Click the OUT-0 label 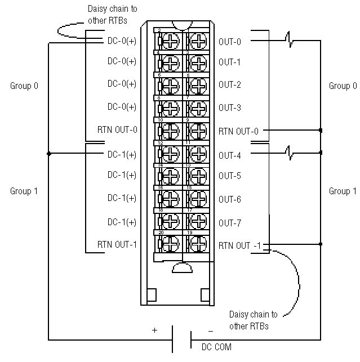pos(229,42)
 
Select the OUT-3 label pos(229,108)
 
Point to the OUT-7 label pos(229,223)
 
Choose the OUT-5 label pos(229,176)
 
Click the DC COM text pos(216,347)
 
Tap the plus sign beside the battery pos(155,330)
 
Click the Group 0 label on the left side pos(24,86)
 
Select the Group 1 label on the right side pos(343,191)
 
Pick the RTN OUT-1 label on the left pos(117,244)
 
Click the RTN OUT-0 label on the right pos(238,131)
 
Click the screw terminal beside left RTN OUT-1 pos(170,244)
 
